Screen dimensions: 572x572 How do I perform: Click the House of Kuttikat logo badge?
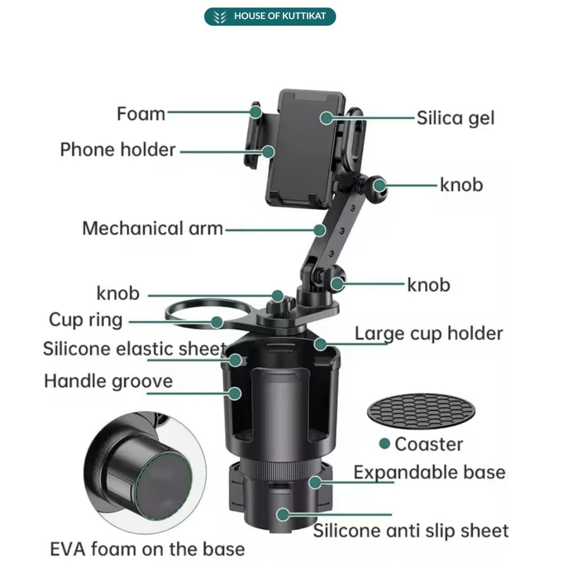coord(270,16)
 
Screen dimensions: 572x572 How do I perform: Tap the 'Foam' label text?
coord(141,113)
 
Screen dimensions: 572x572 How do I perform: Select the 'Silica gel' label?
coord(455,118)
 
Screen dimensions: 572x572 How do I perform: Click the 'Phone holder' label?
coord(118,150)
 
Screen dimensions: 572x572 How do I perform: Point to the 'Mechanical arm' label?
coord(153,229)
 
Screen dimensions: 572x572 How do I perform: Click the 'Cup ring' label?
coord(86,320)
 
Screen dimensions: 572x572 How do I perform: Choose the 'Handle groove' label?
coord(109,381)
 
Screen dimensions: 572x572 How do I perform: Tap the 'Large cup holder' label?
coord(428,334)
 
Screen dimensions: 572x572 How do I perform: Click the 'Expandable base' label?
coord(430,472)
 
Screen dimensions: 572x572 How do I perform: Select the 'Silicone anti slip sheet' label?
coord(411,531)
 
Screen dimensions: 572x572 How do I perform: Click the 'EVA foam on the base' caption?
coord(147,549)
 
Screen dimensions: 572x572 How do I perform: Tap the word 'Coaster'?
coord(428,444)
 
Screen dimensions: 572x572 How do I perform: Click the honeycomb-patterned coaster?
coord(421,412)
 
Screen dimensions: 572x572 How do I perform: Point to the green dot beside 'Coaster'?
coord(385,444)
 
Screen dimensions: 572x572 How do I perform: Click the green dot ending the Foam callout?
coord(256,112)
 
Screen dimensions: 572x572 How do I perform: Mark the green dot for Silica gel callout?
coord(327,118)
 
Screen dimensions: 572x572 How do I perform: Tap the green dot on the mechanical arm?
coord(319,230)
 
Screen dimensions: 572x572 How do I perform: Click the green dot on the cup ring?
coord(216,321)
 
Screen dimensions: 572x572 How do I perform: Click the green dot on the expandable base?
coord(316,482)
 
